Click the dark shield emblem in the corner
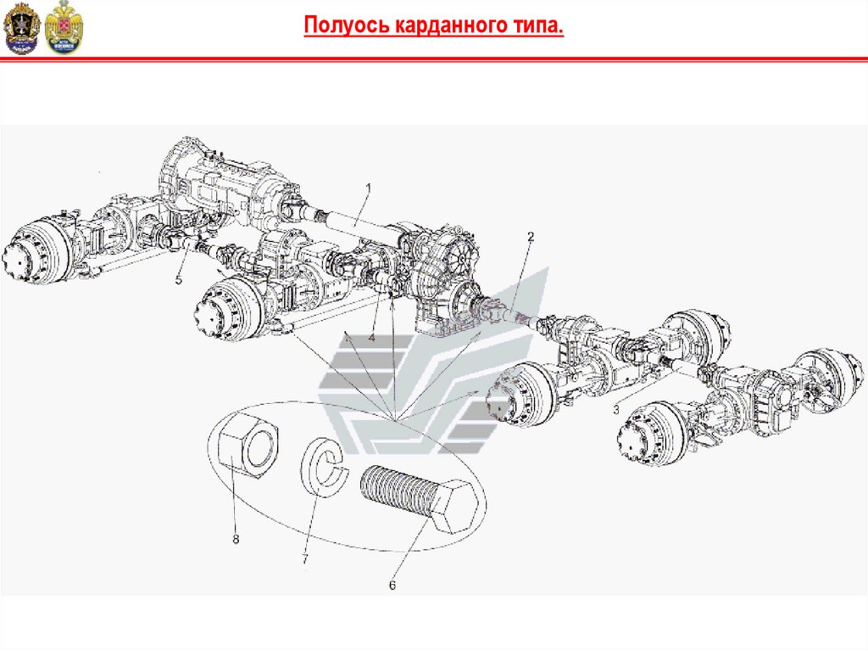[21, 28]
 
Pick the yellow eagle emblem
[64, 28]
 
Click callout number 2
[531, 238]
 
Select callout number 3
[616, 410]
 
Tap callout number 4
[371, 337]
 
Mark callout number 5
[178, 280]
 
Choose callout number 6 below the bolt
[392, 586]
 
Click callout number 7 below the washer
[305, 559]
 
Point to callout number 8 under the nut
[236, 539]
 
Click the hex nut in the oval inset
[248, 446]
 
